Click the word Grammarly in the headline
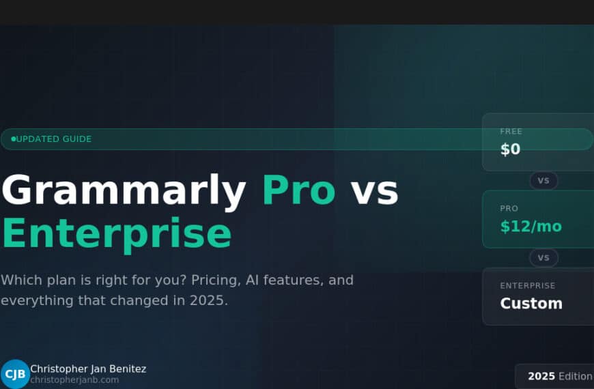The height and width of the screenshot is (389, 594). [x=124, y=190]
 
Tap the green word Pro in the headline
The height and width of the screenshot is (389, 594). [x=298, y=190]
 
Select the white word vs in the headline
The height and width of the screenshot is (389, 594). [x=374, y=190]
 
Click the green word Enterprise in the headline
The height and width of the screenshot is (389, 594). [x=116, y=233]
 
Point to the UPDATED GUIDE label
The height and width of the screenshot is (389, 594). [x=54, y=139]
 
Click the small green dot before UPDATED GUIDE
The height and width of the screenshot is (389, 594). [x=13, y=139]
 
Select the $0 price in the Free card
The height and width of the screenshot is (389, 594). [x=510, y=149]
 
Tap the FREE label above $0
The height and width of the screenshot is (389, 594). [x=511, y=131]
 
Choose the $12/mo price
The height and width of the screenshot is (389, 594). [x=531, y=227]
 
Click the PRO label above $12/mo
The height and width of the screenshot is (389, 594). [x=509, y=208]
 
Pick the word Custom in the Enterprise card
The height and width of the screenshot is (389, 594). [x=531, y=304]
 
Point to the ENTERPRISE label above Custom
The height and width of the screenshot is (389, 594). [x=527, y=285]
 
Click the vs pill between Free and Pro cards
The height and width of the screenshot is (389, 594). [x=543, y=181]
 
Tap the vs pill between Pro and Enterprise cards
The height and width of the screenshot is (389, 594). [x=543, y=258]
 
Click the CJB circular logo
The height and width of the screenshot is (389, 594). [x=14, y=374]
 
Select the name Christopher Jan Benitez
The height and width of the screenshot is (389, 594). [x=88, y=369]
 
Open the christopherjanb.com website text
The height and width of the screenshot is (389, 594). [x=74, y=380]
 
